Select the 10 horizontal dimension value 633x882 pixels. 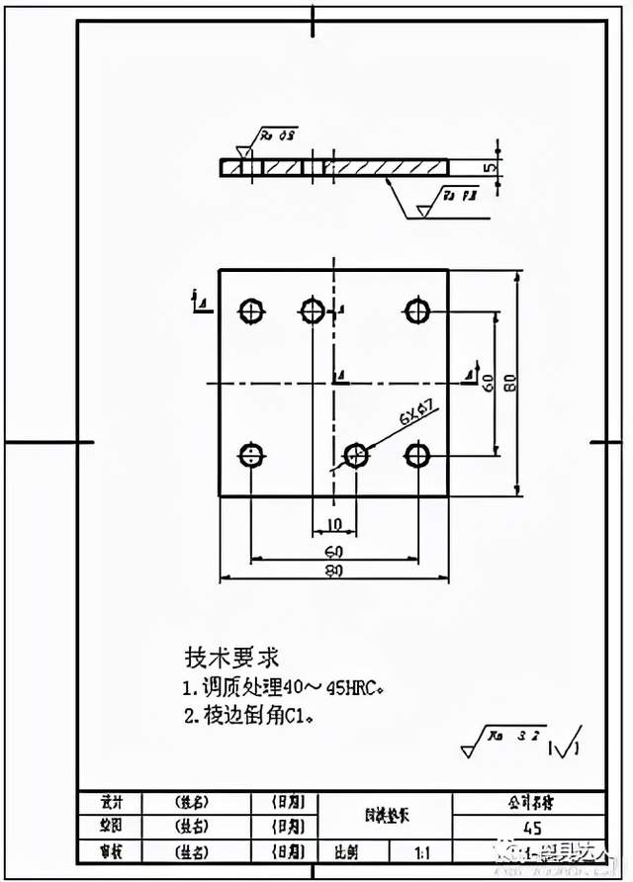334,523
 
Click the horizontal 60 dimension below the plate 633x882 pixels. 333,550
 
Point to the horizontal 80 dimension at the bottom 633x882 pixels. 333,570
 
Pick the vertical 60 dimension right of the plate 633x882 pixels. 487,382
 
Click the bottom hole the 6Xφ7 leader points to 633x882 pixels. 355,455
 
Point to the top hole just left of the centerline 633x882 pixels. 313,311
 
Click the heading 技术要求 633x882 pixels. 231,657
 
